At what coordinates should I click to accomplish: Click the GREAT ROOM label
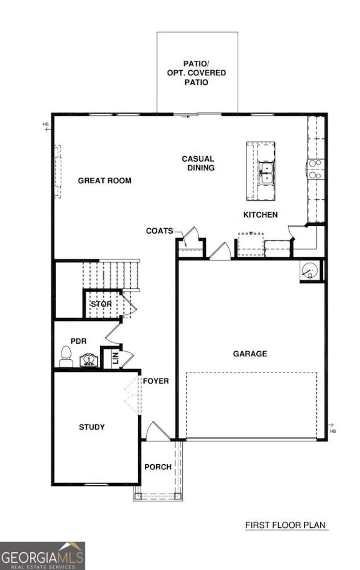(x=105, y=180)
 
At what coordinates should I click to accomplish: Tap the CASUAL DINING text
(x=198, y=163)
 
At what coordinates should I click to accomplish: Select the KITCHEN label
(x=260, y=215)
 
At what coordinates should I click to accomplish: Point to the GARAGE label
(x=250, y=354)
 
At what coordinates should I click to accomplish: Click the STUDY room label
(x=92, y=427)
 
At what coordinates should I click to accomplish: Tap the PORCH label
(x=158, y=467)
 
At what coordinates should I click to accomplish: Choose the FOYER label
(x=156, y=381)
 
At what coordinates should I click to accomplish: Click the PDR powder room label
(x=78, y=341)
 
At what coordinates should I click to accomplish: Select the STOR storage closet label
(x=101, y=304)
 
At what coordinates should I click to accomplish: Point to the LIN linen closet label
(x=116, y=358)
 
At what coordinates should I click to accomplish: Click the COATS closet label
(x=160, y=231)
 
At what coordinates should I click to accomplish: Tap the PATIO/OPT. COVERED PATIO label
(x=197, y=73)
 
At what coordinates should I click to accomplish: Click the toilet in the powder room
(x=66, y=357)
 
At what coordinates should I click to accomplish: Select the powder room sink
(x=89, y=361)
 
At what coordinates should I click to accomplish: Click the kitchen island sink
(x=266, y=173)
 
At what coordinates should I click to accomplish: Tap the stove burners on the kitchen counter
(x=316, y=169)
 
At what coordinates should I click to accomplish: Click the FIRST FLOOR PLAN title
(x=286, y=525)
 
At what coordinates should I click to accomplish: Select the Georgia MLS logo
(x=43, y=555)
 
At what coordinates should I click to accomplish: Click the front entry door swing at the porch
(x=157, y=432)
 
